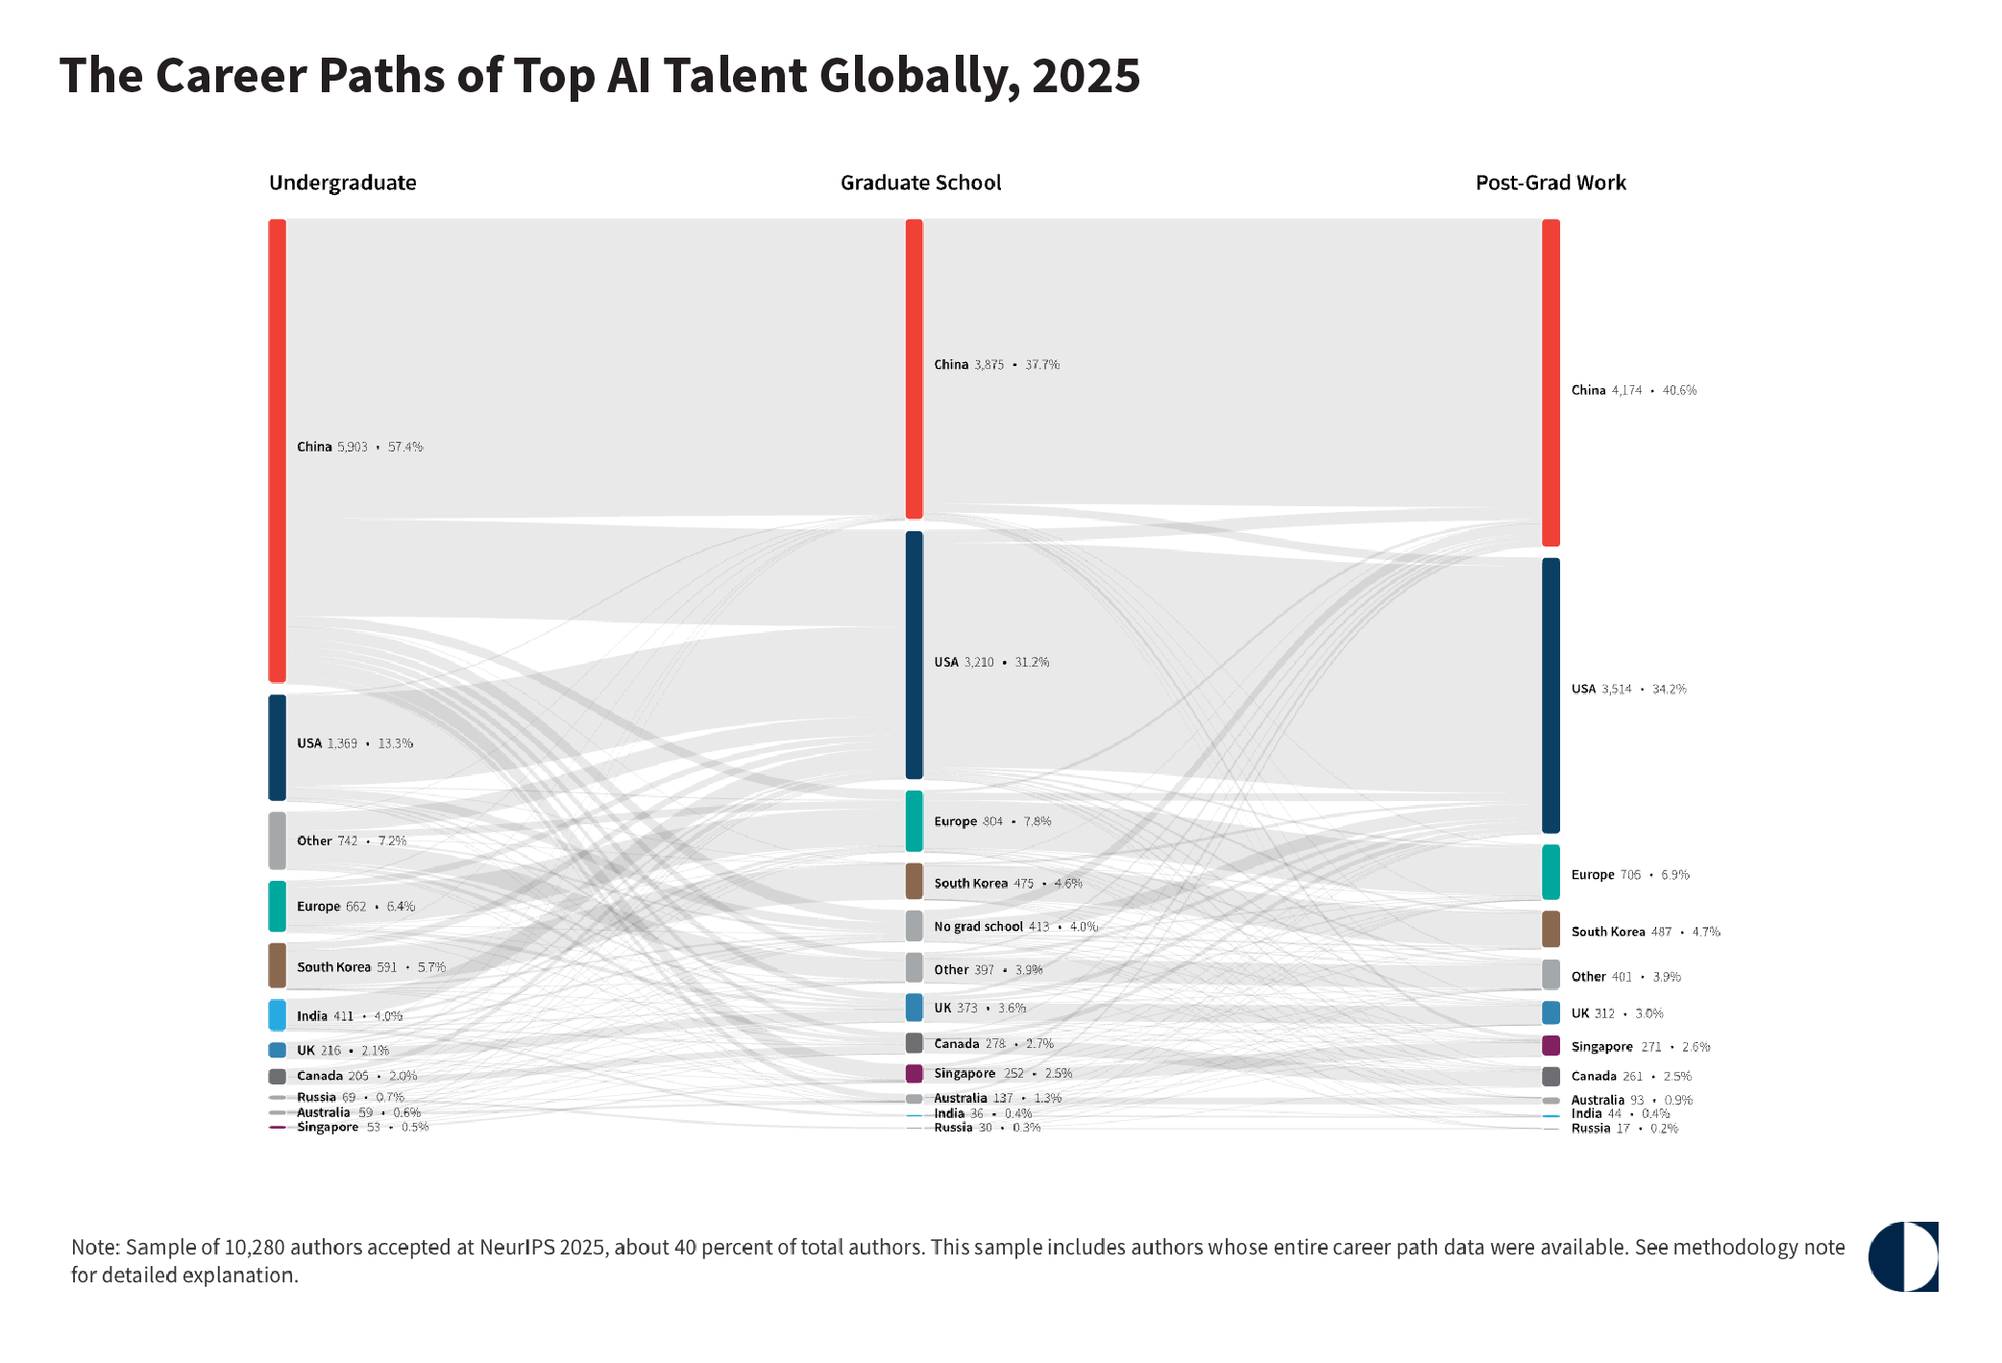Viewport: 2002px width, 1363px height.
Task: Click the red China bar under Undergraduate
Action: click(x=277, y=450)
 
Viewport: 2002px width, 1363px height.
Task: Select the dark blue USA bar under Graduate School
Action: click(x=914, y=655)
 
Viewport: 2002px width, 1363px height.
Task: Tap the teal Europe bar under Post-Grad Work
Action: click(x=1550, y=872)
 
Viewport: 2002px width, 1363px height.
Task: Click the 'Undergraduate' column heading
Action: click(x=343, y=183)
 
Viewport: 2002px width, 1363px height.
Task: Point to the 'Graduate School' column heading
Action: click(x=920, y=183)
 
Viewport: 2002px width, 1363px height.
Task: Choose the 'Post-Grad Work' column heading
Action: click(x=1550, y=183)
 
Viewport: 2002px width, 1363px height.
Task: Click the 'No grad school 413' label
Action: click(x=991, y=927)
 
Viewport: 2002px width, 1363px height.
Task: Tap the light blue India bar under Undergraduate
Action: click(x=277, y=1015)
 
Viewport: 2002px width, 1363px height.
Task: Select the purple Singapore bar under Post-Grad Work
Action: click(x=1550, y=1046)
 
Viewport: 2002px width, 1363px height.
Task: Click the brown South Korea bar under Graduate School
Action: click(x=914, y=881)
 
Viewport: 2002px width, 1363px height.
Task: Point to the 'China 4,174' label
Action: click(x=1606, y=390)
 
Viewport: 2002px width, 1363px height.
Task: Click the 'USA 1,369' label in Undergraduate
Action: click(x=327, y=743)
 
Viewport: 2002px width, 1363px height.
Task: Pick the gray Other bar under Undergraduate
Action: click(x=277, y=840)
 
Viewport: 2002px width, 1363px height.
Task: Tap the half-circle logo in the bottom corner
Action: click(x=1903, y=1256)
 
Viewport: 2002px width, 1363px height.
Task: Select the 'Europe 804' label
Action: click(x=968, y=821)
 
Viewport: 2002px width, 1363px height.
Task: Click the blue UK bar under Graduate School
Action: click(x=914, y=1008)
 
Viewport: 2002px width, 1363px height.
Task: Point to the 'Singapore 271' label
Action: click(x=1616, y=1047)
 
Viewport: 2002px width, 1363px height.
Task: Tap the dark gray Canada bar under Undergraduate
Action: click(x=277, y=1077)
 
